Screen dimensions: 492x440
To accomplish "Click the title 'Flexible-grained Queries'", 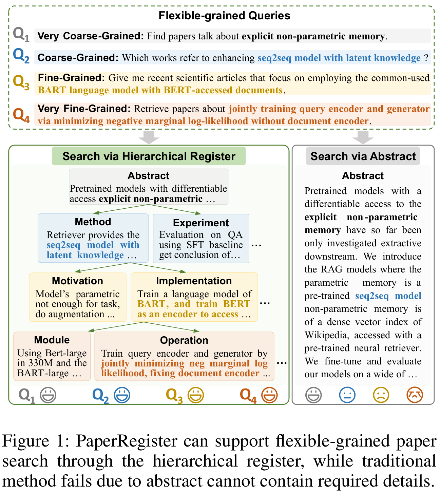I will tap(224, 16).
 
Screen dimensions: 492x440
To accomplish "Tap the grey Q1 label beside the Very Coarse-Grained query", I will tap(21, 35).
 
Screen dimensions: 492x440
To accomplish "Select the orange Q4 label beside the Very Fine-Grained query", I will tap(21, 115).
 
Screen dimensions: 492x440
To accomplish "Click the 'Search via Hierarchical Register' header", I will tap(149, 156).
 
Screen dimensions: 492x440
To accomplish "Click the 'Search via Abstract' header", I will tap(363, 156).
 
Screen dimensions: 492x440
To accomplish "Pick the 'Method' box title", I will tap(93, 222).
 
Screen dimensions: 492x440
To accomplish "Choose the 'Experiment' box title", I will tap(201, 223).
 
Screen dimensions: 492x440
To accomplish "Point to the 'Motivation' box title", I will tap(77, 281).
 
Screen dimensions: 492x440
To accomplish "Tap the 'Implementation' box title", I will tap(194, 281).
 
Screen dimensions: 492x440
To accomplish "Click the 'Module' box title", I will tap(52, 340).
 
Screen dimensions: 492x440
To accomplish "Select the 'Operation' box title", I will tap(184, 340).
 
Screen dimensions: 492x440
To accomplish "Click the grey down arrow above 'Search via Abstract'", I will tap(363, 137).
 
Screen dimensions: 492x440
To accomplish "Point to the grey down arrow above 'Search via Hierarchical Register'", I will tap(149, 137).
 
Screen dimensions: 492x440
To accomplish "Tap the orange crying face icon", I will tap(415, 395).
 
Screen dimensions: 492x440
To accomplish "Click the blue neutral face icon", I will tap(347, 395).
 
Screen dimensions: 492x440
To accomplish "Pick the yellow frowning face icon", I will tap(381, 395).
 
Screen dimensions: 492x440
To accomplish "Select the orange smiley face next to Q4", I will tap(270, 395).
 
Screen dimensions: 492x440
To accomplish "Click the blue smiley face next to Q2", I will tap(122, 395).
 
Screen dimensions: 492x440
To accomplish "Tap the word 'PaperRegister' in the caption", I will tap(127, 441).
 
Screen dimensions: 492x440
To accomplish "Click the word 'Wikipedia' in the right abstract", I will tap(327, 335).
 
